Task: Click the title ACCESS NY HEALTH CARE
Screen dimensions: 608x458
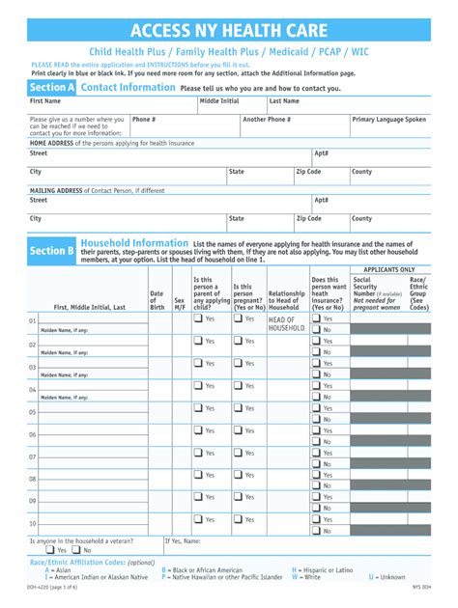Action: coord(228,31)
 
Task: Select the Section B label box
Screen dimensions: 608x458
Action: coord(52,251)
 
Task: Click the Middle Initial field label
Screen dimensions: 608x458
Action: coord(220,100)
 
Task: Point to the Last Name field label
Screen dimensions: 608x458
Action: coord(284,100)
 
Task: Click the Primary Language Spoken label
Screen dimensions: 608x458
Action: coord(389,120)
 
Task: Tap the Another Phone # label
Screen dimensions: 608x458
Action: coord(267,120)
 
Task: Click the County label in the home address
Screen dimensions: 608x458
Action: coord(361,171)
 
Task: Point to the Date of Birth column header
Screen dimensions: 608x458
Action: coord(157,300)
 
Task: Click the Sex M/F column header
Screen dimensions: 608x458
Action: coord(179,303)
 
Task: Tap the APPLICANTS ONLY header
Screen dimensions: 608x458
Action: coord(389,270)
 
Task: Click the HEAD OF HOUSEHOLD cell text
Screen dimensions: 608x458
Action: coord(286,323)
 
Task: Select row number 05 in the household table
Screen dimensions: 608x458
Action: coord(32,411)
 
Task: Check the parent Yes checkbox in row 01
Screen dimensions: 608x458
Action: coord(198,318)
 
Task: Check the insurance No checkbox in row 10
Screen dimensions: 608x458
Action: coord(316,532)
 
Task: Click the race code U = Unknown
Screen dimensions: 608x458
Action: coord(387,577)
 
